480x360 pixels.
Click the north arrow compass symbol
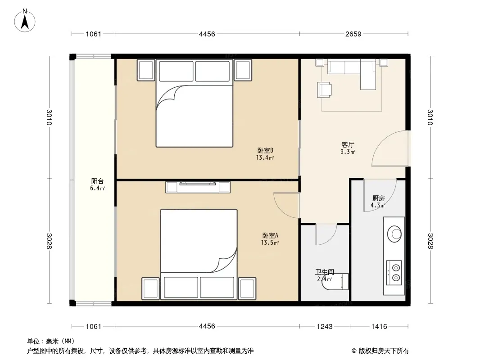[25, 21]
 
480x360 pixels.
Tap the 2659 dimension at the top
[353, 34]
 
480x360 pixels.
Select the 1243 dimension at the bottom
[325, 326]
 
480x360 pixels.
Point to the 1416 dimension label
[379, 326]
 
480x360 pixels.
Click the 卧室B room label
[265, 150]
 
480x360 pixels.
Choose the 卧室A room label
[270, 235]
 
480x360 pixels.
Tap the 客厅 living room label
[348, 144]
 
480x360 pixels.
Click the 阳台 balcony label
[97, 181]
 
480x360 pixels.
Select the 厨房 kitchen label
[379, 198]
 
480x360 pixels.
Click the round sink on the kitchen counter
[394, 234]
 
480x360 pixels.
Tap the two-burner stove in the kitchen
[394, 273]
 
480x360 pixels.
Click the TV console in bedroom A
[198, 187]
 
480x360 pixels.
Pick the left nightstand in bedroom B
[146, 70]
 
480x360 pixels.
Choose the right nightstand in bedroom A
[247, 288]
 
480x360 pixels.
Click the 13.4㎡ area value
[265, 158]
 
